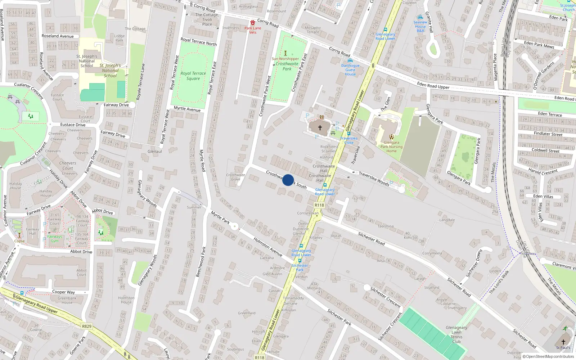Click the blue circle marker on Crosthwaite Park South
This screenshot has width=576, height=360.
[288, 180]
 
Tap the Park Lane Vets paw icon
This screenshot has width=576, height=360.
[253, 23]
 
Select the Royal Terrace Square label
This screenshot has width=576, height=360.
[193, 76]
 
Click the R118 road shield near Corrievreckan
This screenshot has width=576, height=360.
[319, 205]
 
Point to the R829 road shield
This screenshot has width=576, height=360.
[87, 327]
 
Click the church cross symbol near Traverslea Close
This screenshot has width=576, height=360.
[320, 128]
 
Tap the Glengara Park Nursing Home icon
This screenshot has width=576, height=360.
[391, 137]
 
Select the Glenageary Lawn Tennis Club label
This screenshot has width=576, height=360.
[456, 334]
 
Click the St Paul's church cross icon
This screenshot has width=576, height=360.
[563, 342]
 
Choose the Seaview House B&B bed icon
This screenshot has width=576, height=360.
[420, 17]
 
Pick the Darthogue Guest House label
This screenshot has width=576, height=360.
[350, 70]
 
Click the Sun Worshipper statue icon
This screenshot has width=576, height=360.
[285, 53]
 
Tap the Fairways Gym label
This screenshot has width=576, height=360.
[55, 239]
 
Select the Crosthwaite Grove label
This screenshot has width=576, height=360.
[235, 177]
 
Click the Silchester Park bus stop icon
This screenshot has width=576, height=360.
[300, 261]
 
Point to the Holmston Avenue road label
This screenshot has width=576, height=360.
[267, 247]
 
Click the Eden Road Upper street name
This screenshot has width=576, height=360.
[433, 86]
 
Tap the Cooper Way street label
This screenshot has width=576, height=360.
[63, 292]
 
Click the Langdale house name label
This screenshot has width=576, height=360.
[447, 220]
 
